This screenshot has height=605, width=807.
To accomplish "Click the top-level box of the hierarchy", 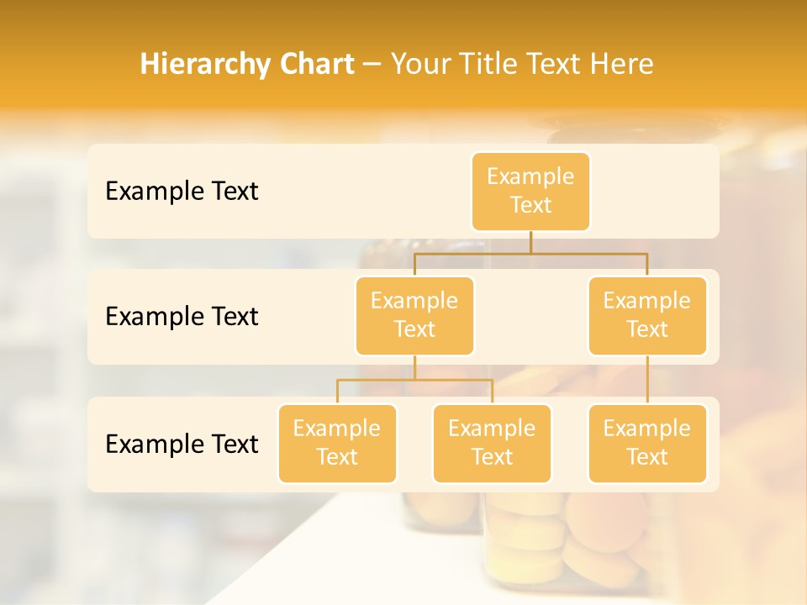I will pyautogui.click(x=530, y=191).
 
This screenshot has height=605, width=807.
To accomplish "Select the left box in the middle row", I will pyautogui.click(x=414, y=315).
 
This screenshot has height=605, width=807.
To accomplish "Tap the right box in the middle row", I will pyautogui.click(x=647, y=315).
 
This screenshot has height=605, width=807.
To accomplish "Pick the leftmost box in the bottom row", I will pyautogui.click(x=337, y=443).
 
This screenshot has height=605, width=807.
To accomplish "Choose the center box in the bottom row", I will pyautogui.click(x=492, y=443).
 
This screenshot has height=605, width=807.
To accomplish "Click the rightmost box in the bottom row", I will pyautogui.click(x=647, y=443).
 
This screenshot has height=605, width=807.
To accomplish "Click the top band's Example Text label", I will pyautogui.click(x=182, y=192).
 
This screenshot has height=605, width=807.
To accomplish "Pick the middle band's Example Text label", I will pyautogui.click(x=182, y=316).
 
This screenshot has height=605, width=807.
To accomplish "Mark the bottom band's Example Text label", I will pyautogui.click(x=182, y=444).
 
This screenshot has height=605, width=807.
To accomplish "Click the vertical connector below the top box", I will pyautogui.click(x=530, y=242).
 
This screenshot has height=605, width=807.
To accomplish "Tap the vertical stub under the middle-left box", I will pyautogui.click(x=414, y=368).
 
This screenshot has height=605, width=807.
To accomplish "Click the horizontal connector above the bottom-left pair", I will pyautogui.click(x=414, y=380).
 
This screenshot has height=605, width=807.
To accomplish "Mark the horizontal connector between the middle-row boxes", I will pyautogui.click(x=530, y=252).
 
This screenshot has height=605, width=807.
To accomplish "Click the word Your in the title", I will pyautogui.click(x=420, y=64).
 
